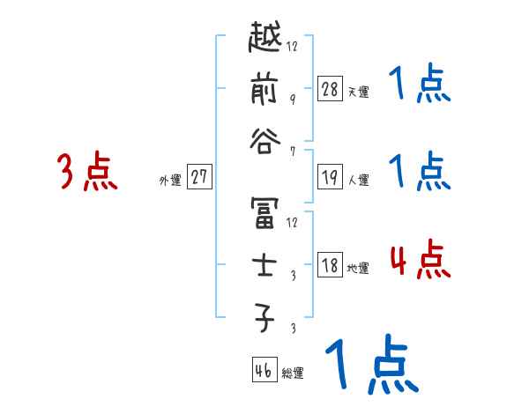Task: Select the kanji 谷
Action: (265, 143)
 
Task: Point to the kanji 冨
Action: (265, 214)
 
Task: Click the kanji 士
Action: (265, 263)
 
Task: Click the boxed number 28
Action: (330, 88)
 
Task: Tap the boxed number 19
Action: (330, 177)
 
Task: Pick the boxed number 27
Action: (199, 176)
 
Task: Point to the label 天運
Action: (358, 92)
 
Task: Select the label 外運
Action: (170, 180)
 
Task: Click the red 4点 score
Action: (419, 262)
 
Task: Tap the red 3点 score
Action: (86, 172)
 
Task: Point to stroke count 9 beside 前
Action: (292, 99)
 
